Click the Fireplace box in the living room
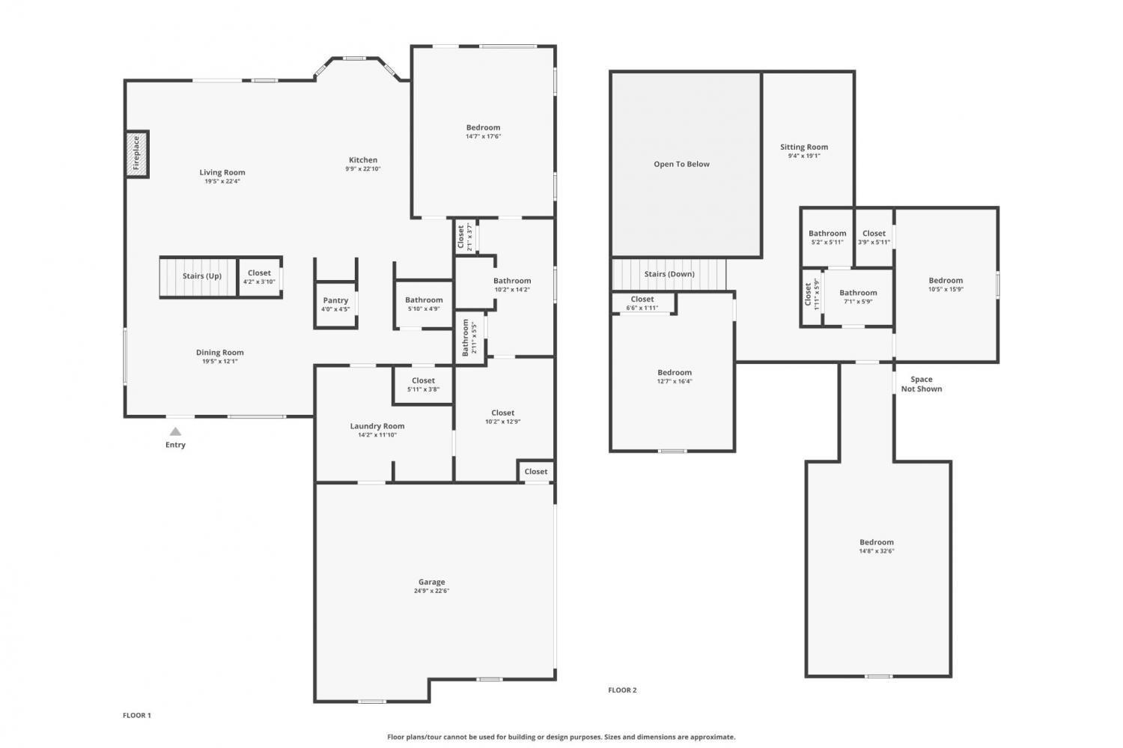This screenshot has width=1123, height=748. (x=137, y=154)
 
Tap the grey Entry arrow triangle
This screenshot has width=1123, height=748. (x=175, y=431)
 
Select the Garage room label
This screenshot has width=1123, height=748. (x=432, y=582)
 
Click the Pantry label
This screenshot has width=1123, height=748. (x=335, y=299)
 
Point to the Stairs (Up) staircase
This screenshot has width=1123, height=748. (x=198, y=277)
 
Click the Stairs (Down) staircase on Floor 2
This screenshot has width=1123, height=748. (x=669, y=274)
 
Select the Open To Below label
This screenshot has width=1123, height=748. (x=681, y=164)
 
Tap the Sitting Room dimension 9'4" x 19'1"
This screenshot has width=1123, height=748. (x=803, y=156)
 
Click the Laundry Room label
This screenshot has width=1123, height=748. (x=377, y=425)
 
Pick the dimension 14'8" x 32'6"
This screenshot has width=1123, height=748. (x=877, y=551)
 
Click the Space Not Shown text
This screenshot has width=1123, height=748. (x=922, y=384)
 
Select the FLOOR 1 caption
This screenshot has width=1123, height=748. (x=137, y=715)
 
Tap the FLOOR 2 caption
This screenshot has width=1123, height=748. (x=622, y=690)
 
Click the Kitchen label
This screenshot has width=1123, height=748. (x=363, y=160)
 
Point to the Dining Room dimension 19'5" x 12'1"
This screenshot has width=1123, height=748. (x=219, y=361)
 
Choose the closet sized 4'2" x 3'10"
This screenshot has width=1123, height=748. (x=259, y=277)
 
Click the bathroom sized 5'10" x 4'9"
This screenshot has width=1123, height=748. (x=424, y=304)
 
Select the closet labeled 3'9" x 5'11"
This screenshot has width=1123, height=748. (x=874, y=237)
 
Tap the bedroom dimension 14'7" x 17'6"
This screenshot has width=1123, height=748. (x=484, y=136)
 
